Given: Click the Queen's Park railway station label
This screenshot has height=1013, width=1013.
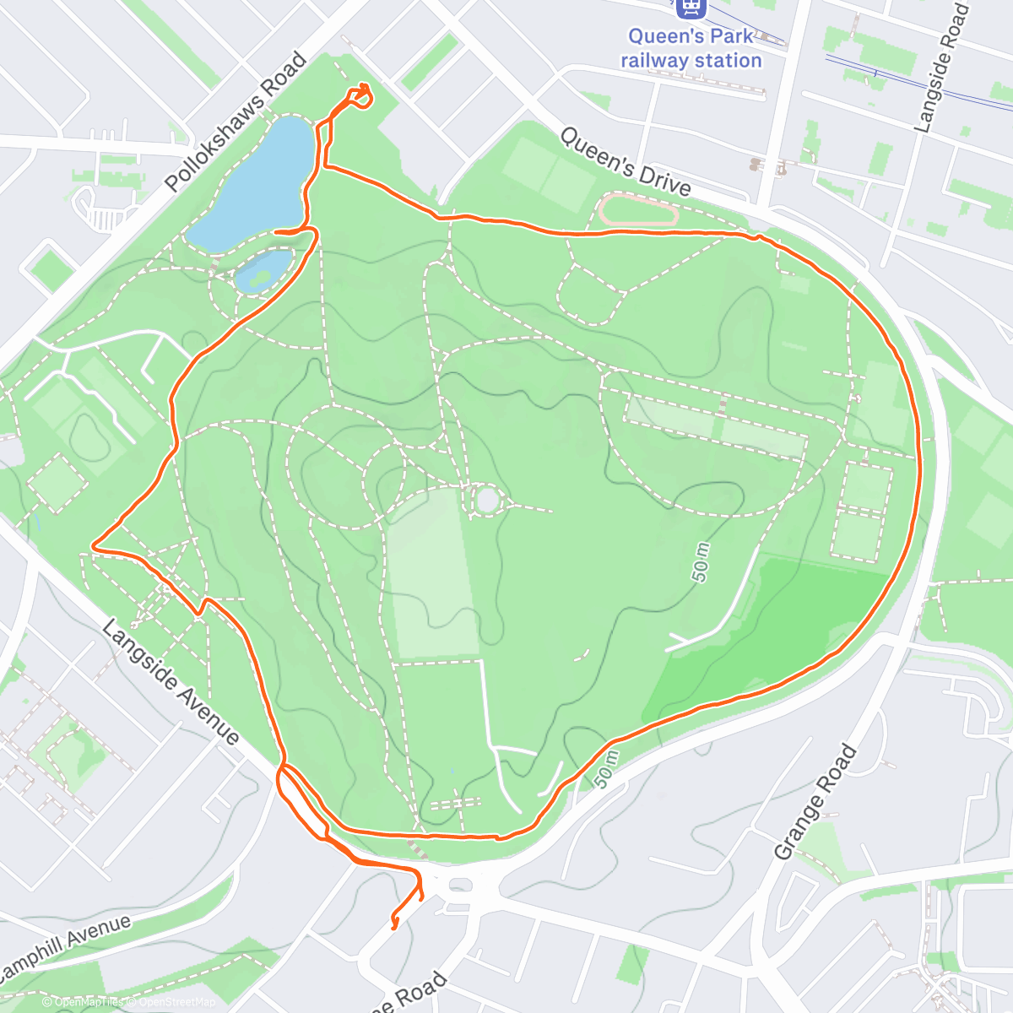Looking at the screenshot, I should (x=691, y=48).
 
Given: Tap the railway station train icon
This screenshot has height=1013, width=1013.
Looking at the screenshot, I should (x=691, y=8).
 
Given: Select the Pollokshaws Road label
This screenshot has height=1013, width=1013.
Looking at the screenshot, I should (x=236, y=122).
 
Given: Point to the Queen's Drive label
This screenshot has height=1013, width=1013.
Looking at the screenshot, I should (x=625, y=161).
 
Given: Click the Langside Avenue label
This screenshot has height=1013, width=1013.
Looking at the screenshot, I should (x=171, y=682).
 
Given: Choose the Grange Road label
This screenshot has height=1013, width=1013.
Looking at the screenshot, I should (x=815, y=803).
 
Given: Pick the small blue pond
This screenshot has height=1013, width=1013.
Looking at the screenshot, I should (x=263, y=271).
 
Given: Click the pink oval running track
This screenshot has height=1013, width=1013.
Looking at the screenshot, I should (x=638, y=210).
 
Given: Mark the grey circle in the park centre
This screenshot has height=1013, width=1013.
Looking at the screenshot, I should (x=488, y=499).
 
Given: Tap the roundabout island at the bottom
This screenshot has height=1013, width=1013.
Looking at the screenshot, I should (x=459, y=885).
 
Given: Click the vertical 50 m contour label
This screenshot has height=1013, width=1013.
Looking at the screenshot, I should (x=701, y=562).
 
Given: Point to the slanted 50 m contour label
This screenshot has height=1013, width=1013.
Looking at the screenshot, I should (x=606, y=769).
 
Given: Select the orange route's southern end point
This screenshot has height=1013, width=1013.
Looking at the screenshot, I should (x=393, y=928).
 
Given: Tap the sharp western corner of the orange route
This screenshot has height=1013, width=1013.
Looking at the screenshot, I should (x=93, y=547).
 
